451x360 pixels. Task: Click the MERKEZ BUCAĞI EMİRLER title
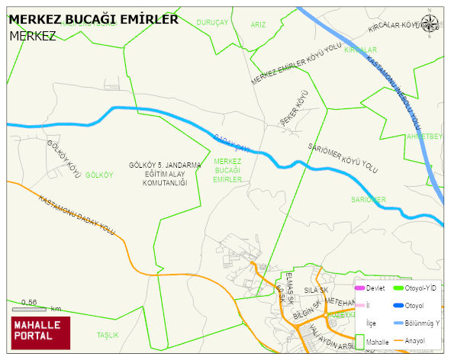[93, 19]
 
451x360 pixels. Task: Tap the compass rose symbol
[430, 23]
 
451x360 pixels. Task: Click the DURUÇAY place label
[212, 24]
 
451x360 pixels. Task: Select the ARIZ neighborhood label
[259, 24]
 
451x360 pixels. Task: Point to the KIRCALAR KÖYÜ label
[395, 28]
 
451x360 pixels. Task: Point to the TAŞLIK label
[108, 335]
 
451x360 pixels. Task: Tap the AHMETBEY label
[425, 137]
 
